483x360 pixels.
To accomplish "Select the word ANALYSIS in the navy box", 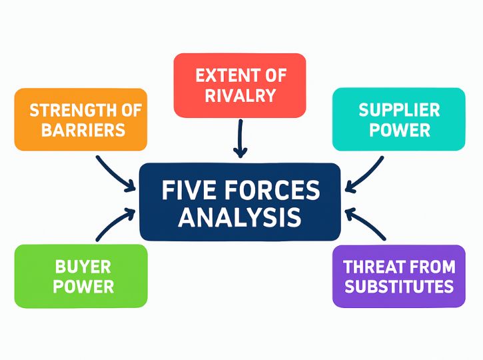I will pyautogui.click(x=240, y=218).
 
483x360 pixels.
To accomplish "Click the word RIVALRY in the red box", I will pyautogui.click(x=240, y=95).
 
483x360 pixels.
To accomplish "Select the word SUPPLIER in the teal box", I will pyautogui.click(x=399, y=109).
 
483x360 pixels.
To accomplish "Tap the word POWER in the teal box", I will pyautogui.click(x=399, y=129).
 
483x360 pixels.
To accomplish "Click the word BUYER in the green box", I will pyautogui.click(x=83, y=267).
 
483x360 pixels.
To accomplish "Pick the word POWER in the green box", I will pyautogui.click(x=83, y=287).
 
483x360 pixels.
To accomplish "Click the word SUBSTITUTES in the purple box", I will pyautogui.click(x=398, y=287).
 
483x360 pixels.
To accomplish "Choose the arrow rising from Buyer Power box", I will pyautogui.click(x=115, y=225).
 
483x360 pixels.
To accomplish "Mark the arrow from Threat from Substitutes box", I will pyautogui.click(x=365, y=225).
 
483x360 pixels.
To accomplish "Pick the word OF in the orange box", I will pyautogui.click(x=129, y=109).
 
